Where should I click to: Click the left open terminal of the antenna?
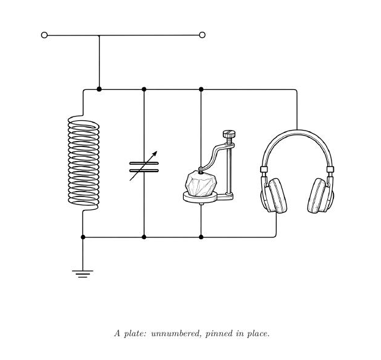[44, 35]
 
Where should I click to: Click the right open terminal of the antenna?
[202, 35]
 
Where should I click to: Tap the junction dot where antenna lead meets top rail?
[99, 89]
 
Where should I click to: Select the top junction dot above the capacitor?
[144, 89]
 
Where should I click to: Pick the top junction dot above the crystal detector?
[201, 89]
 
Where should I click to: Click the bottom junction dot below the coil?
[83, 237]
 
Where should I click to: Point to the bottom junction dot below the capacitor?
[144, 237]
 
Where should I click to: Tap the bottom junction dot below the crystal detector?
[201, 237]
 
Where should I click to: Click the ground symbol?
[82, 273]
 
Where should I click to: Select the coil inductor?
[83, 163]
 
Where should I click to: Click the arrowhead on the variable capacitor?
[155, 154]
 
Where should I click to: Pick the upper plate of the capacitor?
[144, 164]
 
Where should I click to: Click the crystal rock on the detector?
[201, 184]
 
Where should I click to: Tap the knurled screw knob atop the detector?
[229, 134]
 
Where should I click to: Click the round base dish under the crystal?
[200, 197]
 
